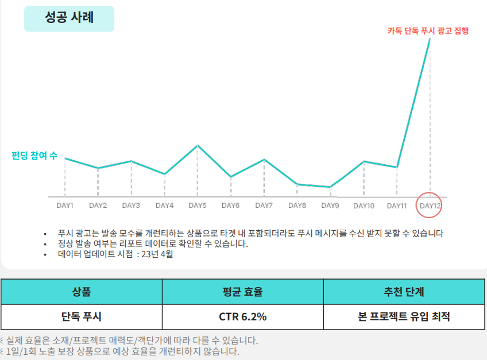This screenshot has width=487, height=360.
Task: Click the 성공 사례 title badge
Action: point(69,18)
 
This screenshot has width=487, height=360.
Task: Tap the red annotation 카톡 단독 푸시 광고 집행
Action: point(428,31)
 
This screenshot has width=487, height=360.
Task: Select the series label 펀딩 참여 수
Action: point(34,156)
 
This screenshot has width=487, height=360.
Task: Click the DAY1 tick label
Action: point(65,206)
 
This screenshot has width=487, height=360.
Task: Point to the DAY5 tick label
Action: point(198,206)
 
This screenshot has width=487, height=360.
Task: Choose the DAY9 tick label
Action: point(330,206)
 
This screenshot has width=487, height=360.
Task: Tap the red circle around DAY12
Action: point(430,205)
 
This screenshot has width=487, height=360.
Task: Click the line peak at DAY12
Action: point(430,39)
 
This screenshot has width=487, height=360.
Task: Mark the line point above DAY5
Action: point(198,145)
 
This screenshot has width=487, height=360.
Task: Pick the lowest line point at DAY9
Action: point(330,187)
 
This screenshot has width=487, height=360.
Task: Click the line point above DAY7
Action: point(264,159)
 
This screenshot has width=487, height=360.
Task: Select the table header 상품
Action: point(82,292)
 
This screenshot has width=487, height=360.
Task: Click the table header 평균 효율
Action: point(242,292)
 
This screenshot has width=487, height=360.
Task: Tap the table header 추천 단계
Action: point(404,292)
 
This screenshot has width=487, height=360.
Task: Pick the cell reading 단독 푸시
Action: point(82,316)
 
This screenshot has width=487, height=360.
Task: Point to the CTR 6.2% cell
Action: point(242,316)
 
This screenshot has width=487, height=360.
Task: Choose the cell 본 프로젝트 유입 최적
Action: point(404,316)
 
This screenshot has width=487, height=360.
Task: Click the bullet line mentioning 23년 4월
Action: point(115,254)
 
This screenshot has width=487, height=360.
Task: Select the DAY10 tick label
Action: point(364,206)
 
